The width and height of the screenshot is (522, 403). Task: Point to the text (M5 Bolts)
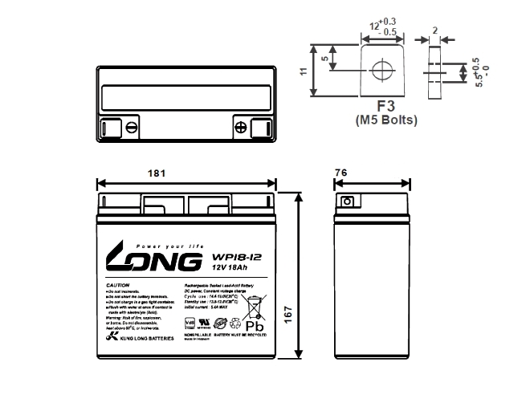click(385, 120)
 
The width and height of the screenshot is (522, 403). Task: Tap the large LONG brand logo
click(149, 261)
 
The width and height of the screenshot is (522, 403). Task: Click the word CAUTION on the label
click(118, 286)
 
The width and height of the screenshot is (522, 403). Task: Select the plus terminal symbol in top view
click(241, 126)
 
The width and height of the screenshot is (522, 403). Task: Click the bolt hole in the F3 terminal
click(380, 71)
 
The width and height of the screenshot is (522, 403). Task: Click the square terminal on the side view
click(348, 202)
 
